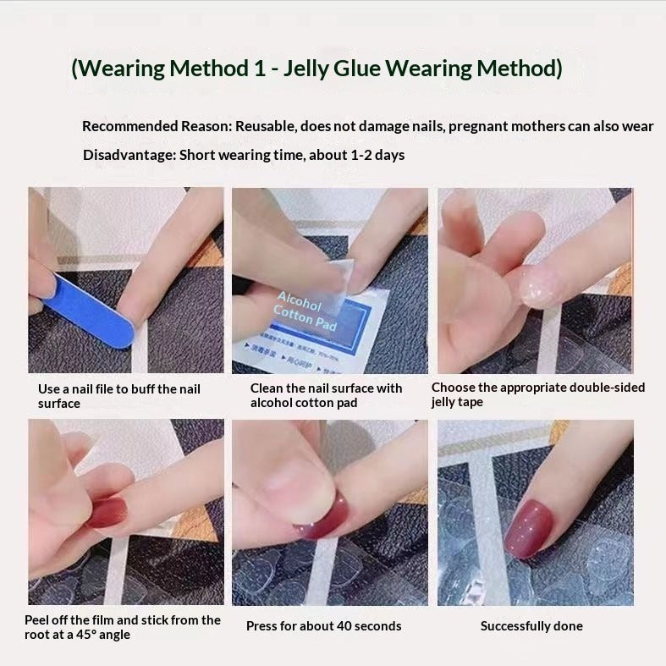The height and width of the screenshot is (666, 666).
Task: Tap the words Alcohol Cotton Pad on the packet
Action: (304, 312)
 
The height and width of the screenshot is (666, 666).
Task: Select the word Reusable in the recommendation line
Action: (265, 126)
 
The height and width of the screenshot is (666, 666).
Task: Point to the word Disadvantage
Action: (124, 155)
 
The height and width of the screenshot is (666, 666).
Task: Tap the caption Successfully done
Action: (531, 626)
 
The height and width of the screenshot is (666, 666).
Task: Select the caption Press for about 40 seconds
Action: (324, 626)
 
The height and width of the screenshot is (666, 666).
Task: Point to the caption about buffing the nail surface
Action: (118, 396)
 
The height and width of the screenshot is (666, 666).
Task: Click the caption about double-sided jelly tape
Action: (537, 394)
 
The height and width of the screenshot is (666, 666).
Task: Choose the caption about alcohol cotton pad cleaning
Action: (326, 395)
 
